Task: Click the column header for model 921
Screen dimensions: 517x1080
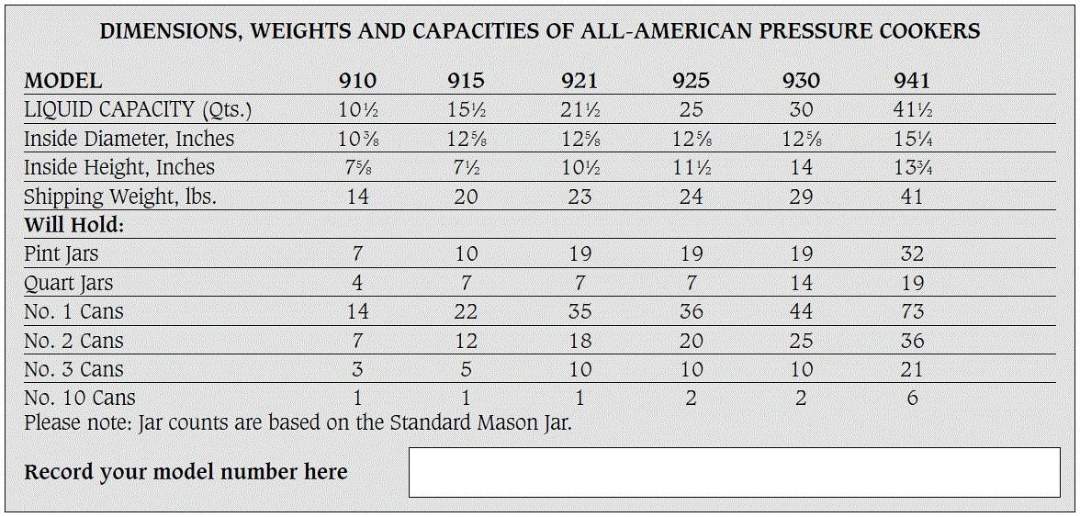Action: pyautogui.click(x=579, y=81)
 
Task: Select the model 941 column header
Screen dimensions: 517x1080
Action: pyautogui.click(x=911, y=81)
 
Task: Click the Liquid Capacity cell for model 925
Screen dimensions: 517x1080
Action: pyautogui.click(x=691, y=109)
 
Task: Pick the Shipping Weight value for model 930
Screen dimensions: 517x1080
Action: pyautogui.click(x=801, y=197)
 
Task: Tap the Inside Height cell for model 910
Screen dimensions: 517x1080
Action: pyautogui.click(x=357, y=167)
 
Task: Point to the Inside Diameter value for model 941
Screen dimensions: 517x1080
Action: pyautogui.click(x=911, y=139)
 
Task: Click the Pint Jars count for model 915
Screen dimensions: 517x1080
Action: pyautogui.click(x=467, y=254)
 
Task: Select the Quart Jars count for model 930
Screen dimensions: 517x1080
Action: pyautogui.click(x=801, y=283)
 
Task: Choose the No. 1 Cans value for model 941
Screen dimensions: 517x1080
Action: pyautogui.click(x=911, y=311)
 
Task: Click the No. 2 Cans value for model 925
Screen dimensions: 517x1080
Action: pyautogui.click(x=691, y=341)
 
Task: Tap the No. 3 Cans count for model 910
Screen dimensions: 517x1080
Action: pyautogui.click(x=357, y=369)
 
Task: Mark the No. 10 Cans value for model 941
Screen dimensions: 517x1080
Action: pyautogui.click(x=911, y=398)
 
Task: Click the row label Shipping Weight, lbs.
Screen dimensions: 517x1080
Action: pyautogui.click(x=120, y=197)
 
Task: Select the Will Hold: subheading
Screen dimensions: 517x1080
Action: pyautogui.click(x=73, y=225)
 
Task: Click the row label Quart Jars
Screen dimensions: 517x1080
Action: pyautogui.click(x=68, y=283)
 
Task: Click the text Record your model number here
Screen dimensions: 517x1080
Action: pyautogui.click(x=186, y=472)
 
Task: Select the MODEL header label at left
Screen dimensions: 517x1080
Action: pyautogui.click(x=62, y=81)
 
